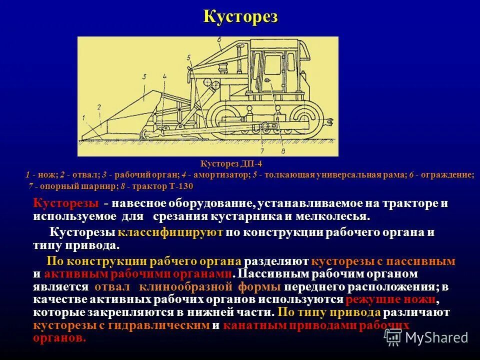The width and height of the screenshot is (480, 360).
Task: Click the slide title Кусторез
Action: click(x=240, y=16)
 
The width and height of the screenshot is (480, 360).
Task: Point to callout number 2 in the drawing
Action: click(x=99, y=106)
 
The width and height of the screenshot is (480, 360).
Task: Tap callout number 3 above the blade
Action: click(x=143, y=77)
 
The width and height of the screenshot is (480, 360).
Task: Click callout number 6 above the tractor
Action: click(x=219, y=38)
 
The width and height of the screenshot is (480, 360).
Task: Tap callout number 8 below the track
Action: click(x=283, y=149)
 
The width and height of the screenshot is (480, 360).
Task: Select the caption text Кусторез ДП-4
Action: click(x=231, y=164)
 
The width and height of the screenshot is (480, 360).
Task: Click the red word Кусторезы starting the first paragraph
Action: click(x=65, y=204)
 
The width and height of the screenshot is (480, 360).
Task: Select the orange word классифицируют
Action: click(x=170, y=233)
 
